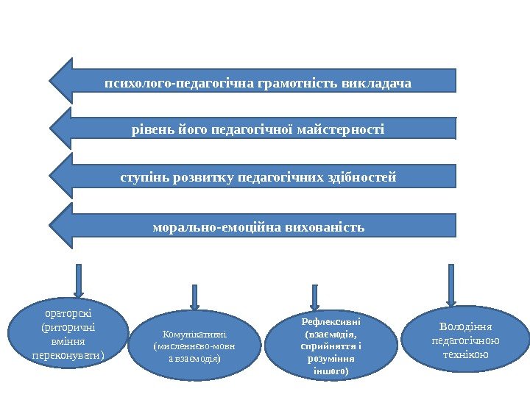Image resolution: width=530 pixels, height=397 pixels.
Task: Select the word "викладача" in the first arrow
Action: pyautogui.click(x=377, y=82)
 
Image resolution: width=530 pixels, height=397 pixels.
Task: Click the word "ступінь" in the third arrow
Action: pyautogui.click(x=144, y=178)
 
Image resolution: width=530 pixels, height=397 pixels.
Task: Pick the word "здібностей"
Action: pyautogui.click(x=361, y=178)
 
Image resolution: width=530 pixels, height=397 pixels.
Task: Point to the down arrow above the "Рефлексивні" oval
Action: pyautogui.click(x=314, y=297)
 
